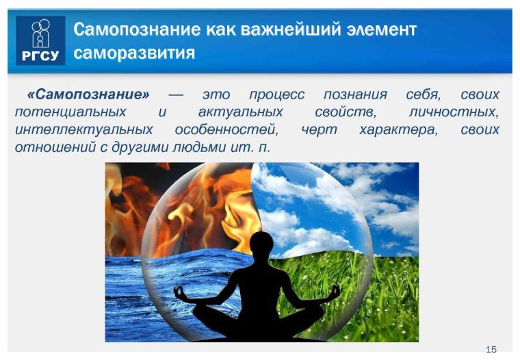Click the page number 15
(x=491, y=350)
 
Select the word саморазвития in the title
(x=134, y=53)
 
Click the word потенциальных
(x=70, y=112)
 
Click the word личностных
(x=462, y=112)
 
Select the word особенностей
(x=226, y=129)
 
